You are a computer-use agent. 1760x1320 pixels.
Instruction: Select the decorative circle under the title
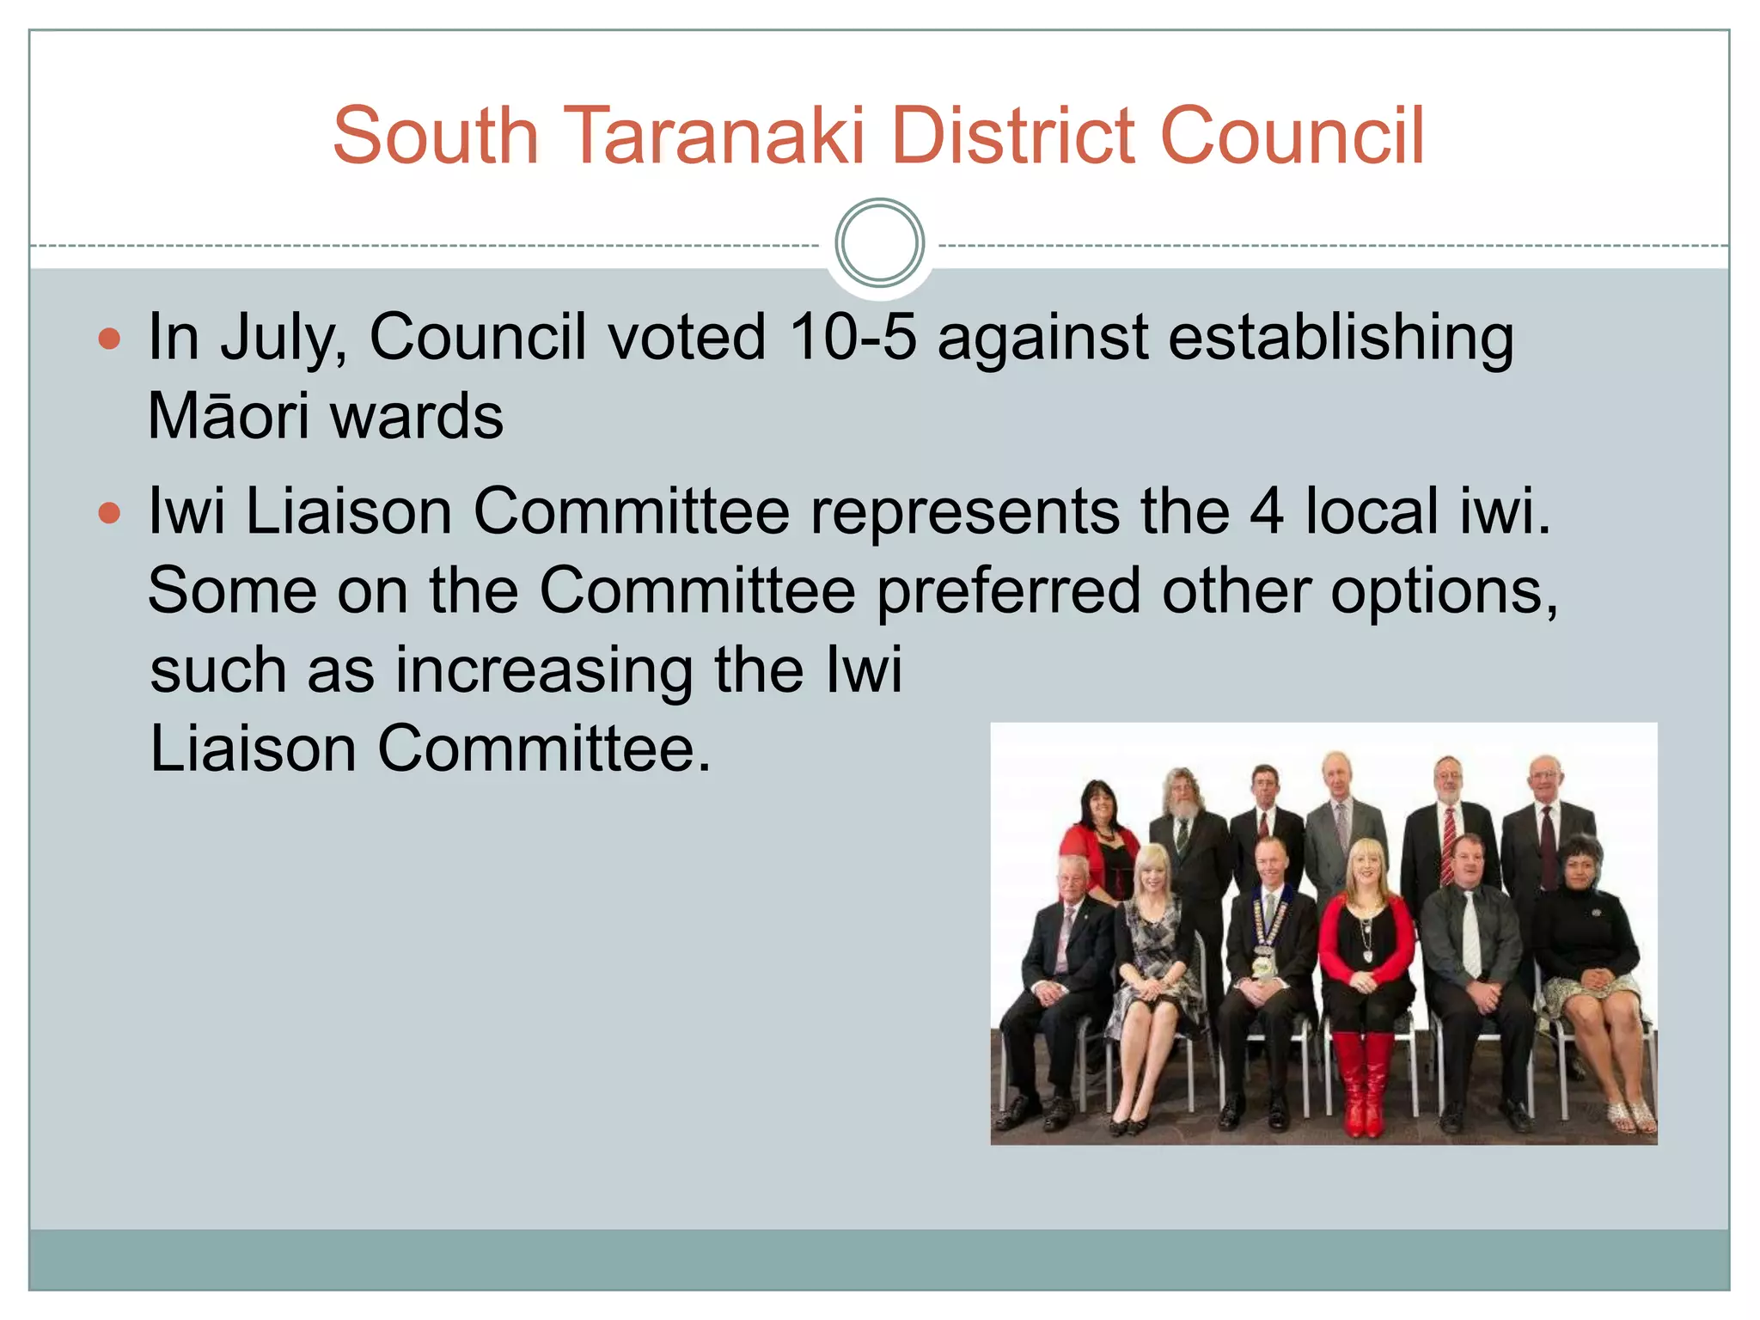(879, 243)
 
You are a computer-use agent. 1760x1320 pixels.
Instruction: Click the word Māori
(228, 416)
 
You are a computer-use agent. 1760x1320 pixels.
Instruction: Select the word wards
(417, 416)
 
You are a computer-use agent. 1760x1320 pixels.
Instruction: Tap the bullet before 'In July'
(109, 339)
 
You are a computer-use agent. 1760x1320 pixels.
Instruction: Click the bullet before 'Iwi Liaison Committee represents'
(109, 514)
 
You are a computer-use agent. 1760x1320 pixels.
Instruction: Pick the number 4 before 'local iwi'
(1266, 511)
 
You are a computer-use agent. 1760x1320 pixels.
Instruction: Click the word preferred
(1008, 591)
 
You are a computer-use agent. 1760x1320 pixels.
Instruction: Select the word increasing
(543, 671)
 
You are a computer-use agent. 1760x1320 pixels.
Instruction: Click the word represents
(964, 513)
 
